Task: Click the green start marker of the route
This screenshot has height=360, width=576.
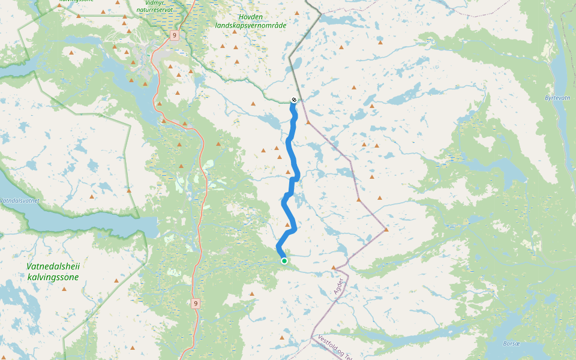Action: (284, 260)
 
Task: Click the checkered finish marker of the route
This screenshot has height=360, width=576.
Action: (293, 100)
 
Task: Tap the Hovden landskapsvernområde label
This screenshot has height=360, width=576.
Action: (251, 22)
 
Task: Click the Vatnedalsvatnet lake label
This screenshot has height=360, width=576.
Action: (19, 200)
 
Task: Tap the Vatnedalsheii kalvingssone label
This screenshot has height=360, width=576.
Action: (53, 271)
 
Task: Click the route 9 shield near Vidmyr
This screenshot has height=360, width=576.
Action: (174, 35)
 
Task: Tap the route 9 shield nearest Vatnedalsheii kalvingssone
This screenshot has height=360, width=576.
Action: (196, 304)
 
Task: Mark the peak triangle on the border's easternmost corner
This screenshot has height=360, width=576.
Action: (386, 229)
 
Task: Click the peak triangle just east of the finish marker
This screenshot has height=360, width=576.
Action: (308, 122)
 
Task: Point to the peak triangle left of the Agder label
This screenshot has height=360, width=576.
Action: (334, 267)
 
